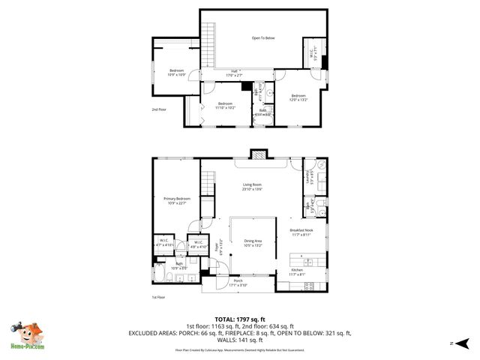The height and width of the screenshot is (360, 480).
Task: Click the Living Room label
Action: coord(251,187)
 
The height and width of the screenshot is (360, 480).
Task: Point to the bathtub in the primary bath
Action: coord(159,278)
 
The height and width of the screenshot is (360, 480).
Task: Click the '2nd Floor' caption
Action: coord(158,109)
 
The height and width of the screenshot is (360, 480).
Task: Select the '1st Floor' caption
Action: coord(157,297)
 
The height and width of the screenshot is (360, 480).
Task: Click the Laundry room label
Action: coord(308,177)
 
